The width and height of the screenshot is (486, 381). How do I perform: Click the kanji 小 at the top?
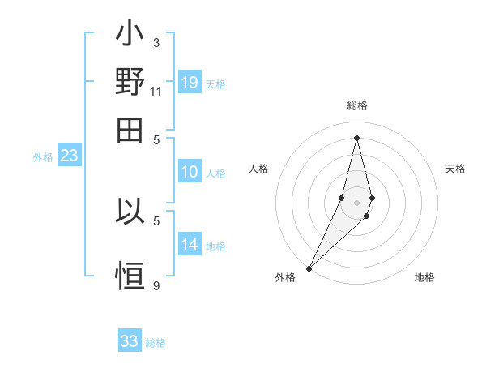point(130,37)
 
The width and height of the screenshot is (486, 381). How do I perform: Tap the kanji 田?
point(130,131)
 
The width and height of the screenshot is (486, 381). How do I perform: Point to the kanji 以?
point(130,212)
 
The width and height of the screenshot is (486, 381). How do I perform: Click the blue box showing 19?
point(190,82)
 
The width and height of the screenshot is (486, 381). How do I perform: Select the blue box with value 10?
point(190,172)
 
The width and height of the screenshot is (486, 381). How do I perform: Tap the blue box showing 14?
point(190,245)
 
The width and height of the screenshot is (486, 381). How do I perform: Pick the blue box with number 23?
point(69,156)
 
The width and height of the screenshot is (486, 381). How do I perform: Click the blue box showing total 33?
point(130,341)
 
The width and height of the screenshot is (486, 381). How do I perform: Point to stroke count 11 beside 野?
point(156,92)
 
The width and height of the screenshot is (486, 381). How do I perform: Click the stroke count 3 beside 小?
point(156,42)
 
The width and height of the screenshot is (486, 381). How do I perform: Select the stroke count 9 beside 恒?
point(156,285)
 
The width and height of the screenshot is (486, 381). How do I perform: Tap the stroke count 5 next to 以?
point(156,220)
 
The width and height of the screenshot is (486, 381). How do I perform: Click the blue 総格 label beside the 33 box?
point(156,343)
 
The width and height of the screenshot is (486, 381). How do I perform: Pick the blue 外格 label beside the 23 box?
point(43,157)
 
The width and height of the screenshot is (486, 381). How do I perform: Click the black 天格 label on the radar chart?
point(456,169)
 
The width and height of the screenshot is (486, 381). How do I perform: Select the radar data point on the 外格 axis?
point(309,268)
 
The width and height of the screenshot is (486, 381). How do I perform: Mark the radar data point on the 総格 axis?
point(357,138)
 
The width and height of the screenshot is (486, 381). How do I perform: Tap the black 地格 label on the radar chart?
point(424,277)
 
